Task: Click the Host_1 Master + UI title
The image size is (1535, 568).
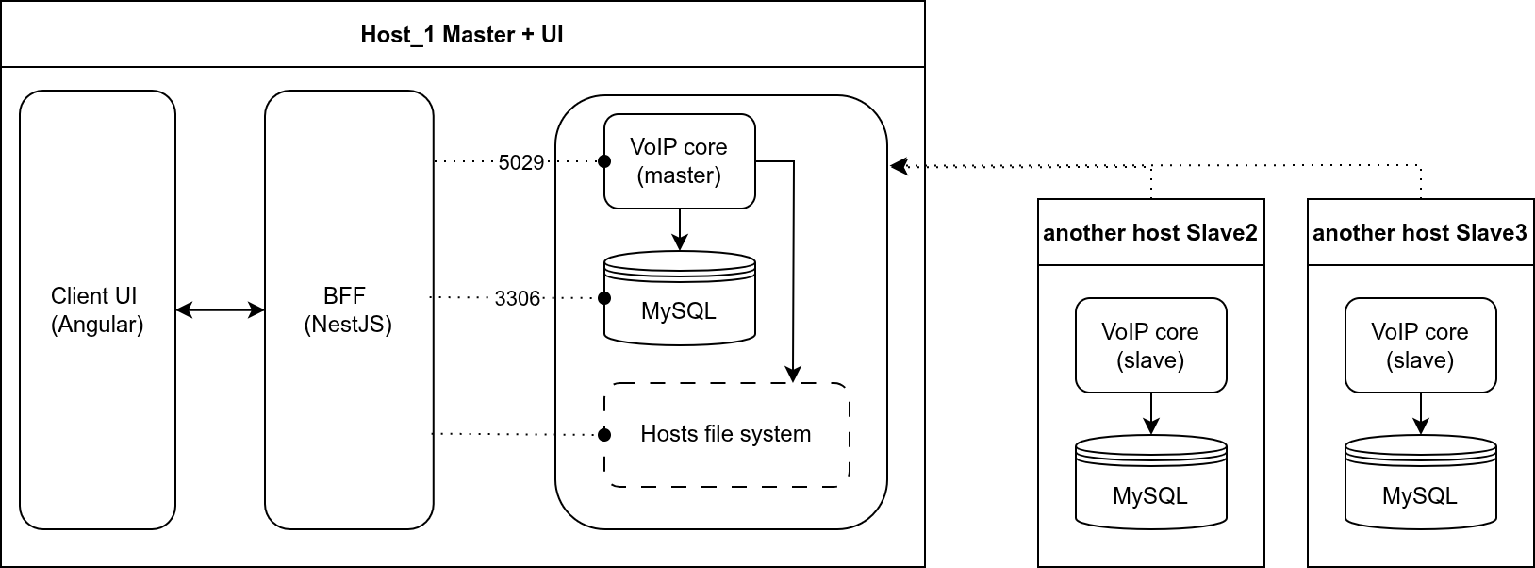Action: (462, 35)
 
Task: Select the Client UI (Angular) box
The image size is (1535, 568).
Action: (97, 309)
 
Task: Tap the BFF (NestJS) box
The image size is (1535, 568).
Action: (348, 309)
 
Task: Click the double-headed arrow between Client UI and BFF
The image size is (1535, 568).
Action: (220, 309)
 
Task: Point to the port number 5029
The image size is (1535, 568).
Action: (521, 162)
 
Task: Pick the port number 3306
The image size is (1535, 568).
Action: (518, 299)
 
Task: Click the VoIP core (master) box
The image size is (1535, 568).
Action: (679, 161)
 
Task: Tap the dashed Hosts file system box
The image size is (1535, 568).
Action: (726, 434)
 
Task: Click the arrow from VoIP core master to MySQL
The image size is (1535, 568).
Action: (679, 229)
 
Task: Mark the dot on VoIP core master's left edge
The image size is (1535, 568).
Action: (604, 161)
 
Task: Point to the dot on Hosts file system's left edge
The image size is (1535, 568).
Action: (604, 435)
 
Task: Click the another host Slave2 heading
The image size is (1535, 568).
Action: (1150, 233)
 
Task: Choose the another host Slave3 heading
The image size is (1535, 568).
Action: (1420, 233)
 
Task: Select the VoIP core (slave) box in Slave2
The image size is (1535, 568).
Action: (1150, 345)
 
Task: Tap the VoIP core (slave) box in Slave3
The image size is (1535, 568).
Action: (1420, 345)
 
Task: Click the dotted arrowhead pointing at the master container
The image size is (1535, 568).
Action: (899, 166)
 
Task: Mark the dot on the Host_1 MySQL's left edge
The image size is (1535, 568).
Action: (604, 298)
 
